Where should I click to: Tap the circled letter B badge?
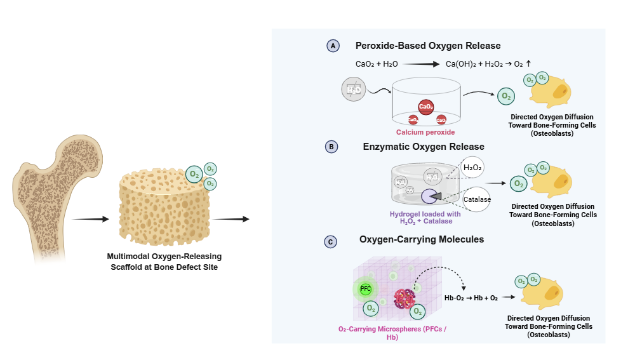331,147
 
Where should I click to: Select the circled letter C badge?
330,241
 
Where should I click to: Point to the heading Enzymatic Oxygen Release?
424,147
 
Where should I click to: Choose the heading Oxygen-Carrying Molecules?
422,239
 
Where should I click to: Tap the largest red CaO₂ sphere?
426,107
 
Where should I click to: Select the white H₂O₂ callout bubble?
472,168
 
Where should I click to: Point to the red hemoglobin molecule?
404,298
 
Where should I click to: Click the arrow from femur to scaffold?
91,219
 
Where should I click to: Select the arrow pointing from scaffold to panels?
230,219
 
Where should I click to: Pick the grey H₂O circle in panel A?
354,90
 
